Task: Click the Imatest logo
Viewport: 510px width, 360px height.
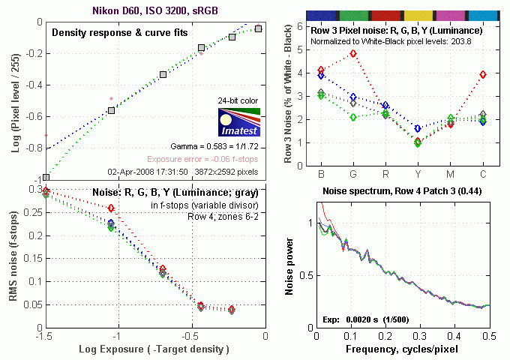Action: [237, 122]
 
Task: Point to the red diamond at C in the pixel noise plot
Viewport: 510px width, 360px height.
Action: [483, 75]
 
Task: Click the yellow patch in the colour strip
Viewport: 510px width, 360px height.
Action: [417, 15]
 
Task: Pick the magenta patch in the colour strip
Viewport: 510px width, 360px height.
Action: [450, 15]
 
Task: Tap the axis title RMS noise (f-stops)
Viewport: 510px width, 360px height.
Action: [13, 259]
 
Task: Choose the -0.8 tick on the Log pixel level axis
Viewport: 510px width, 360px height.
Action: [28, 148]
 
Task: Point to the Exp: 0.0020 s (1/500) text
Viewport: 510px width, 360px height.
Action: [362, 319]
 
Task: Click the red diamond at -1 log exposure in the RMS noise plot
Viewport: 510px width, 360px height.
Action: [111, 208]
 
